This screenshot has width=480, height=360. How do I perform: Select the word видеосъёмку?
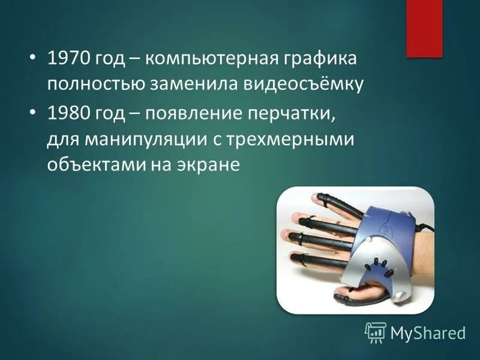303,84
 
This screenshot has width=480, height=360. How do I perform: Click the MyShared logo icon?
376,332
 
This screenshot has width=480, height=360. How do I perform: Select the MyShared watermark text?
428,332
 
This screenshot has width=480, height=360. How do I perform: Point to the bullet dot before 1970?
34,60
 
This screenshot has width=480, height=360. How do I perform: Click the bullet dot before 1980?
34,113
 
